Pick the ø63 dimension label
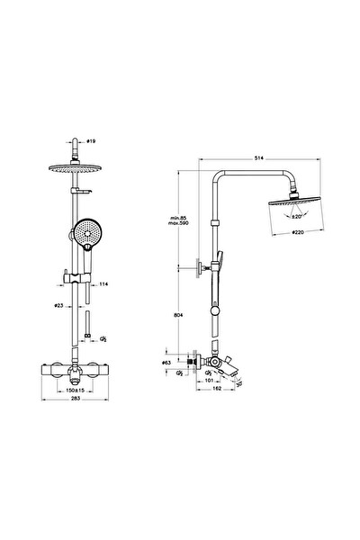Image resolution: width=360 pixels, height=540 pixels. [166, 363]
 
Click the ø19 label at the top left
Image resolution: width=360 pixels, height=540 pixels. [91, 141]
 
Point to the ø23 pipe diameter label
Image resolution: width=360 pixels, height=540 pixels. [58, 307]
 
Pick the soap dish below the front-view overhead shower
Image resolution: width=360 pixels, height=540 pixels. [83, 190]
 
